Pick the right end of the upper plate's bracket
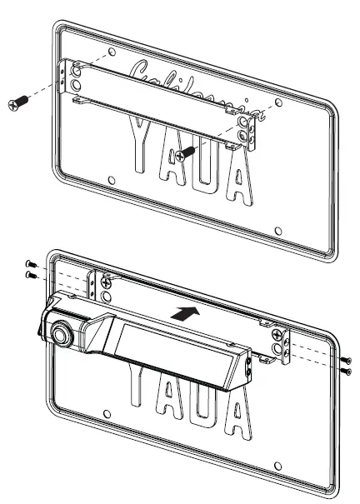248,129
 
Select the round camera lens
62,333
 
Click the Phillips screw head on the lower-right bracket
275,336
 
